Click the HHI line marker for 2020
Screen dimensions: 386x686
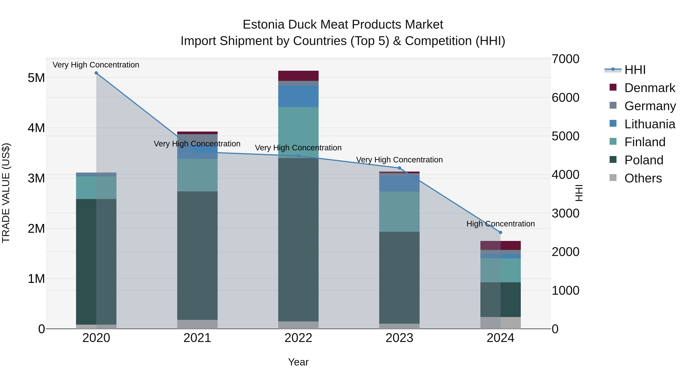pyautogui.click(x=96, y=73)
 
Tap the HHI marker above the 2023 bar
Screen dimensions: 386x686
pyautogui.click(x=399, y=168)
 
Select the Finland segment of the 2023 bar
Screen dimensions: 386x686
pyautogui.click(x=399, y=212)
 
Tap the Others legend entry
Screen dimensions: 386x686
pyautogui.click(x=643, y=178)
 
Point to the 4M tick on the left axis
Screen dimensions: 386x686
pyautogui.click(x=36, y=128)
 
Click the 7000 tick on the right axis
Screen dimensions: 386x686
pyautogui.click(x=565, y=59)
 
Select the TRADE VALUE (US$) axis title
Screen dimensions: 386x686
pyautogui.click(x=6, y=193)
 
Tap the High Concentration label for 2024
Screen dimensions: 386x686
pyautogui.click(x=500, y=224)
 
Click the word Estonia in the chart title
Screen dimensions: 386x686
pyautogui.click(x=264, y=25)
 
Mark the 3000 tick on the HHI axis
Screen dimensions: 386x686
pyautogui.click(x=565, y=213)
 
